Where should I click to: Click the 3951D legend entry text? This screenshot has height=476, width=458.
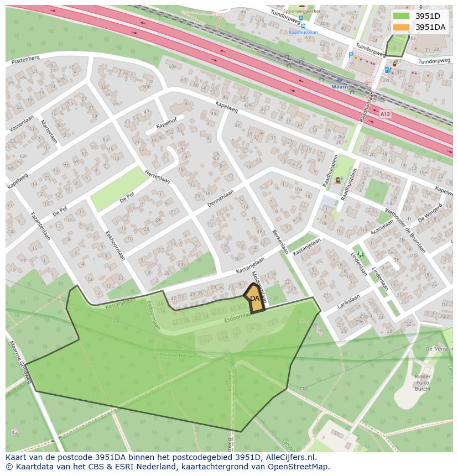coord(428,16)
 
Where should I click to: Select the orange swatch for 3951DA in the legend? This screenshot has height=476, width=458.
coord(402,27)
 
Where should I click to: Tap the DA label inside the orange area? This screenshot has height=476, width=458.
coord(254,299)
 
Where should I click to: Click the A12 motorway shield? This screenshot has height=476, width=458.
coord(385,114)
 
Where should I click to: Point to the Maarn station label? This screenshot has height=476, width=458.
coord(340,87)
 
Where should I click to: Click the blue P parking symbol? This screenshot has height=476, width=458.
coord(351,55)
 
